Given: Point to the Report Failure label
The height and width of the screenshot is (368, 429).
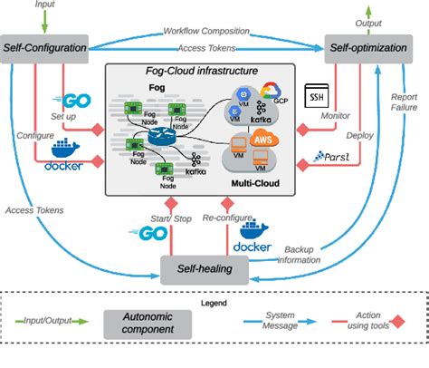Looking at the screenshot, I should tap(405, 103).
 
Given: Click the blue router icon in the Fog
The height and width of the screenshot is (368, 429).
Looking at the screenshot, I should tap(163, 137).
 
